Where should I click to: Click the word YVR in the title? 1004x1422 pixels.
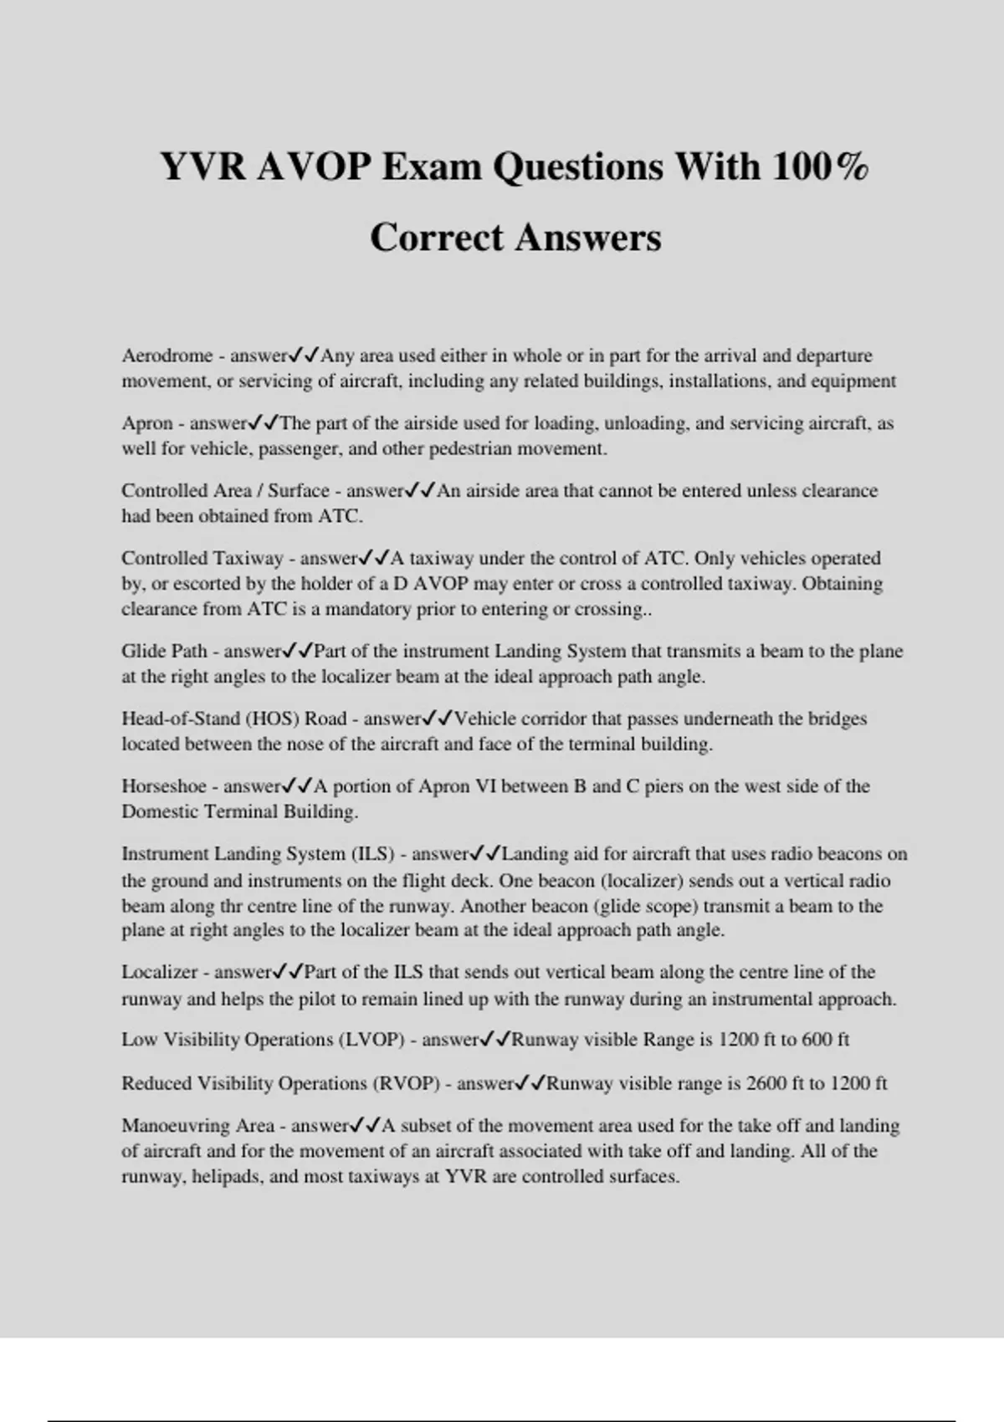click(203, 166)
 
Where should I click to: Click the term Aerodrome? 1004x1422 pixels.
click(167, 355)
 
